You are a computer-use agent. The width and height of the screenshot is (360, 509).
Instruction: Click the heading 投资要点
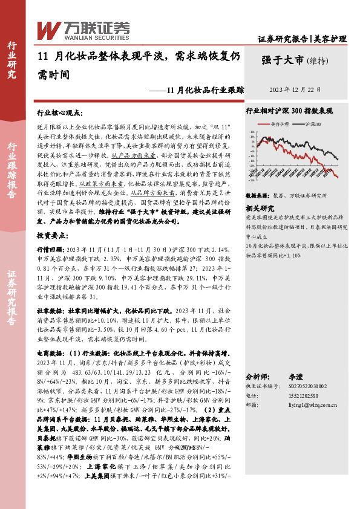54,234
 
